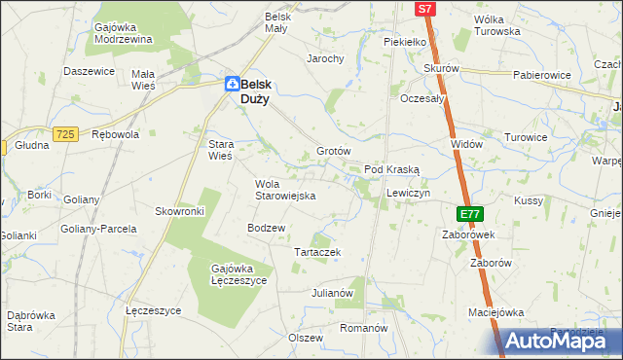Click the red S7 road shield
coord(424,9)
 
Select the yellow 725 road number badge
coord(66,133)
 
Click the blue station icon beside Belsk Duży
coord(232,85)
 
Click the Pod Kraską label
coord(391,169)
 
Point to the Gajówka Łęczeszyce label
coord(238,273)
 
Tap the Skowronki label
coord(179,211)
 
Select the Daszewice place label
coord(90,71)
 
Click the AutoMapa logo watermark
coord(556,340)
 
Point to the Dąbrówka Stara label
coord(33,321)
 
